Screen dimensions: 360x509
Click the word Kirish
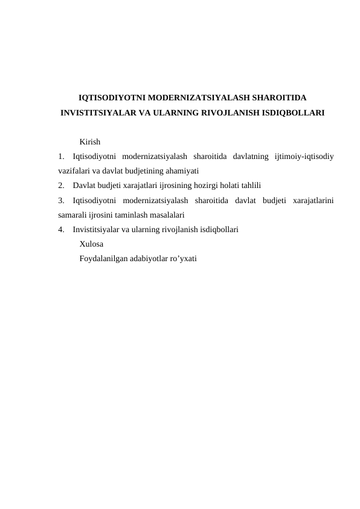pos(89,141)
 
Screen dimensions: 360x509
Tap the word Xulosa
pos(91,244)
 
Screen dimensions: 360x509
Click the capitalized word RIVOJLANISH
pos(230,112)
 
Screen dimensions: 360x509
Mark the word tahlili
pos(249,186)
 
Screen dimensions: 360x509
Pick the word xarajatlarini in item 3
pos(315,200)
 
